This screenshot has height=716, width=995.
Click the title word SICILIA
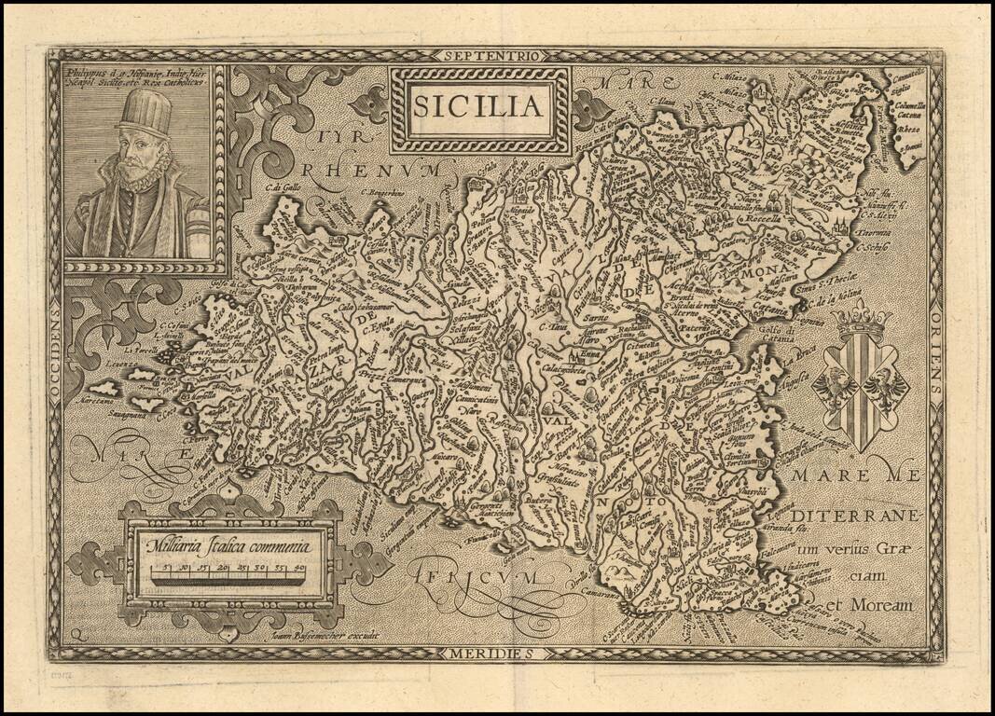pos(478,106)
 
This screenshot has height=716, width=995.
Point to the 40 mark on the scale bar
pos(300,567)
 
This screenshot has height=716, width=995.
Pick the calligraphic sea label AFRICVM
pos(474,574)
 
